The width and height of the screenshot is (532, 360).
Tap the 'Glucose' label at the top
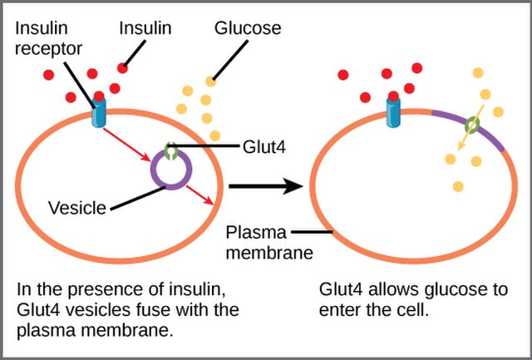pyautogui.click(x=248, y=28)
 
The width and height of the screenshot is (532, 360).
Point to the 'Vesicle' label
pyautogui.click(x=76, y=207)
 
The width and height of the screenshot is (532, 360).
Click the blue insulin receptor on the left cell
pyautogui.click(x=99, y=115)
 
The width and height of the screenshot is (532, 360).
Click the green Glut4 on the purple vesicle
pyautogui.click(x=170, y=151)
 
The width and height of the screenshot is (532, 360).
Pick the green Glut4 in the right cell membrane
pyautogui.click(x=471, y=126)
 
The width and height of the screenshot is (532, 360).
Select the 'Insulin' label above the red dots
pyautogui.click(x=145, y=28)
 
